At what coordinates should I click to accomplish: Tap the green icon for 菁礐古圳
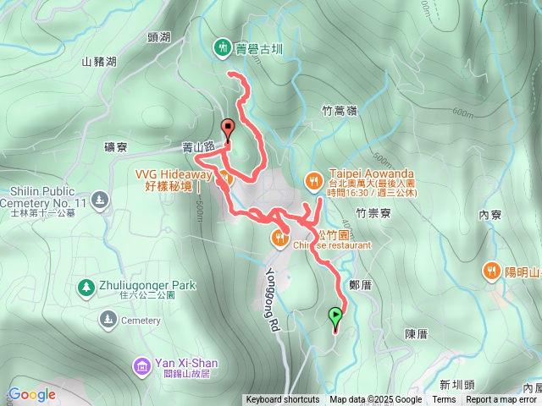[x=222, y=47]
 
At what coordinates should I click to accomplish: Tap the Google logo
[x=31, y=394]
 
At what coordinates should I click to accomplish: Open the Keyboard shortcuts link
[x=283, y=400]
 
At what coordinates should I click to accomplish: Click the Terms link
[x=444, y=400]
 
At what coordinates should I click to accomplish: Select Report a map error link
[x=502, y=400]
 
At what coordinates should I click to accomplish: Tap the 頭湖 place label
[x=158, y=37]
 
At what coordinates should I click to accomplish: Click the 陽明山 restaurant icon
[x=491, y=272]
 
